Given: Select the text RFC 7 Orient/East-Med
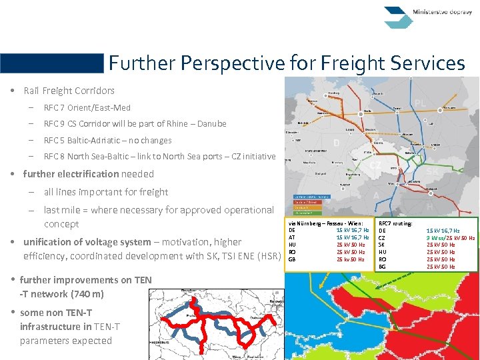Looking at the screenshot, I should pyautogui.click(x=87, y=107).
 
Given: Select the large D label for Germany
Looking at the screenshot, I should pyautogui.click(x=337, y=143).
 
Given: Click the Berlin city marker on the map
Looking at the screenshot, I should pyautogui.click(x=361, y=114).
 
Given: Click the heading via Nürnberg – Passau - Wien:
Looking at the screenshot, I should pyautogui.click(x=326, y=223).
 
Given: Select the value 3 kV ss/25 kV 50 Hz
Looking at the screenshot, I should pyautogui.click(x=451, y=238).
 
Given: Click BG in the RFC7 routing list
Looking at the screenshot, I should pyautogui.click(x=382, y=267).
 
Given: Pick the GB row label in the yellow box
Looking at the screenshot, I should pyautogui.click(x=292, y=259).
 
